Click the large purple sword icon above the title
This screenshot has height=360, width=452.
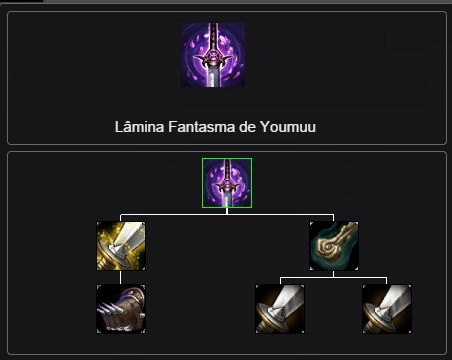[x=213, y=55]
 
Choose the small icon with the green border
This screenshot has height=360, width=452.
[x=227, y=183]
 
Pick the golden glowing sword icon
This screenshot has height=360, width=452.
[x=121, y=246]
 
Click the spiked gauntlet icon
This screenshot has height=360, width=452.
[x=121, y=309]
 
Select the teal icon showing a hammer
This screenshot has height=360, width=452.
[x=334, y=246]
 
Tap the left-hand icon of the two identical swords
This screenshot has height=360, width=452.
[x=280, y=309]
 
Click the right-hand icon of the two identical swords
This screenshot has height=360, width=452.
[x=387, y=309]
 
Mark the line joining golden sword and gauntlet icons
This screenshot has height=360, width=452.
[x=121, y=278]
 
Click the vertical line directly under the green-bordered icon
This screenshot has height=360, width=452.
[x=227, y=211]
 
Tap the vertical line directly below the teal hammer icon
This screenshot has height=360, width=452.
[x=334, y=274]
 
